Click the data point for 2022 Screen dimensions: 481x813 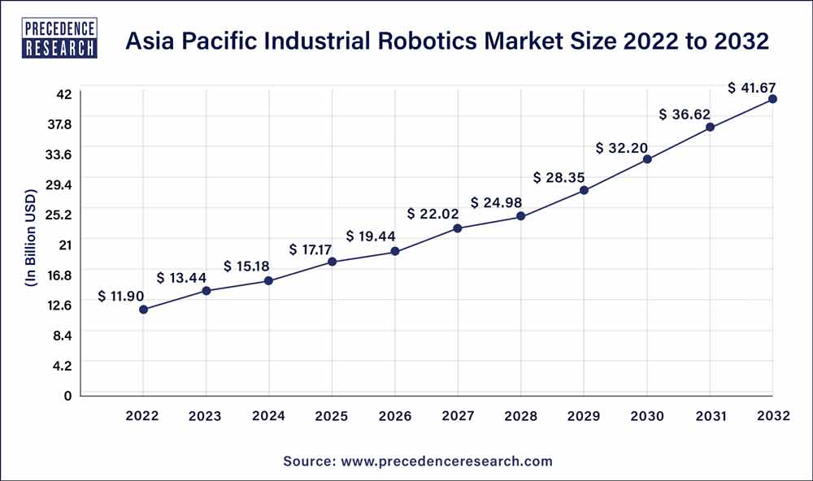[x=143, y=310]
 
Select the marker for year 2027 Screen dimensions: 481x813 [x=458, y=228]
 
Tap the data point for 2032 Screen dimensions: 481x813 [x=772, y=99]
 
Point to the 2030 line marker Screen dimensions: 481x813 [x=647, y=159]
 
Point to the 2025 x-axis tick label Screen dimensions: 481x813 [x=332, y=416]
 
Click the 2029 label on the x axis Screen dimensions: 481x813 [x=584, y=416]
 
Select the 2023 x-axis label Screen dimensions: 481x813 [x=206, y=416]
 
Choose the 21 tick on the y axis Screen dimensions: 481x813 [x=65, y=245]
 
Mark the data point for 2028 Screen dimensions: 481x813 [x=521, y=217]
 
